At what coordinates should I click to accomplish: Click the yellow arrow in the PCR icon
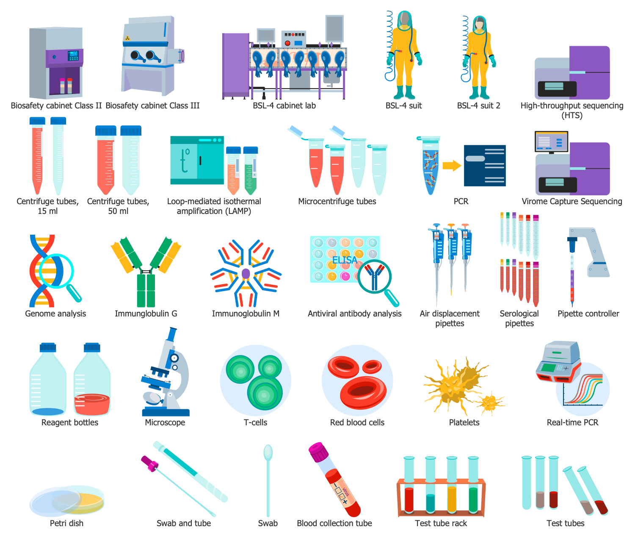click(452, 166)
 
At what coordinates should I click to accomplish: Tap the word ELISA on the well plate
click(345, 260)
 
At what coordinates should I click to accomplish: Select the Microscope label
click(165, 422)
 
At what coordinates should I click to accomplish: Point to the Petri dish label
click(66, 523)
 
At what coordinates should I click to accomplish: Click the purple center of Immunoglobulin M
click(246, 273)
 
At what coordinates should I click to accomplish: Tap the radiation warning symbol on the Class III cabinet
click(127, 38)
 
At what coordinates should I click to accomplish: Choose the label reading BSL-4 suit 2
click(479, 106)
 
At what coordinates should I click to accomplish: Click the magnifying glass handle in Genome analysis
click(75, 293)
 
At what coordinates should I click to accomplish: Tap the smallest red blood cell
click(372, 366)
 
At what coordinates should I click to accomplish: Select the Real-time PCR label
click(573, 422)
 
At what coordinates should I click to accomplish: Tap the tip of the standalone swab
click(268, 452)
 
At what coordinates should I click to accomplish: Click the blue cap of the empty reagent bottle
click(48, 347)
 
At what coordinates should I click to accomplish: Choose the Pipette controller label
click(588, 313)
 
